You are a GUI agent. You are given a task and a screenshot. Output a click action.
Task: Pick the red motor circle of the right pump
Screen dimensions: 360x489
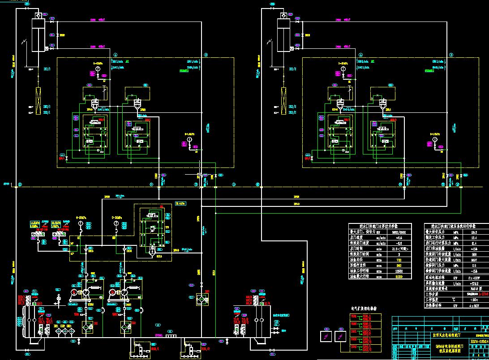coord(112,294)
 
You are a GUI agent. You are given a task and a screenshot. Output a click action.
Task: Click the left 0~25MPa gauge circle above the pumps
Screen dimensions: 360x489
coord(81,223)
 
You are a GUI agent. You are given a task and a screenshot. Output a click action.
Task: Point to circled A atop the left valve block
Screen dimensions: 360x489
coord(116,55)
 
